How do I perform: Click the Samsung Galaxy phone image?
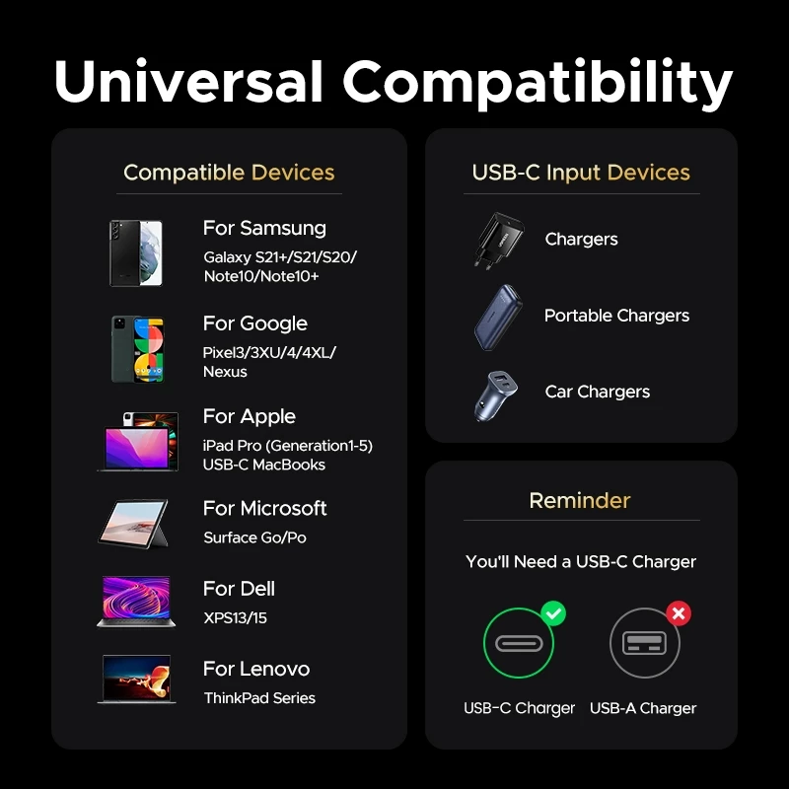tap(136, 253)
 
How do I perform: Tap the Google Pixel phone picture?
tap(137, 349)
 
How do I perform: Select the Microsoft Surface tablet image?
tap(134, 524)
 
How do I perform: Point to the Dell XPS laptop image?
tap(136, 602)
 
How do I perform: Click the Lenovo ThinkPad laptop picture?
tap(136, 679)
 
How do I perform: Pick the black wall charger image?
tap(498, 241)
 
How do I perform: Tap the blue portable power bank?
tap(498, 317)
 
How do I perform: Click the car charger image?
tap(496, 396)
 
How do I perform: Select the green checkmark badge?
tap(553, 613)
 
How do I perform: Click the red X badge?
tap(679, 613)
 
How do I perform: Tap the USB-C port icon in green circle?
tap(519, 643)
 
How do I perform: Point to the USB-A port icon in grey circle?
tap(645, 643)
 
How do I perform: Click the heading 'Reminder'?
tap(580, 501)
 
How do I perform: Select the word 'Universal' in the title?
tap(188, 81)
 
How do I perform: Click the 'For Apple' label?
tap(250, 416)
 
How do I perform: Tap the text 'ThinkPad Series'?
tap(259, 698)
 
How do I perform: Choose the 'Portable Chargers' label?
tap(617, 316)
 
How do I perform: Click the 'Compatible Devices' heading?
tap(229, 173)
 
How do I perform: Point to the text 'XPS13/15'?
tap(235, 618)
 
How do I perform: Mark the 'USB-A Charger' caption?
tap(643, 708)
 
